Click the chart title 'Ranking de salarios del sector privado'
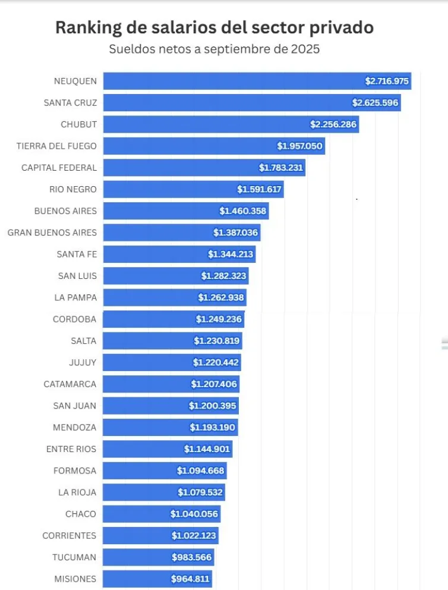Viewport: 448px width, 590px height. coord(214,28)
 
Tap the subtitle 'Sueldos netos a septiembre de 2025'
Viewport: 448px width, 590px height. coord(214,49)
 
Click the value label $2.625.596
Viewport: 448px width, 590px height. coord(375,103)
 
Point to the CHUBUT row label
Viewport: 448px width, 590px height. coord(78,124)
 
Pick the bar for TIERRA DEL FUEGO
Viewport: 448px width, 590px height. coord(190,146)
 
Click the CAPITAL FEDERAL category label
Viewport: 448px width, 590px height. coord(59,168)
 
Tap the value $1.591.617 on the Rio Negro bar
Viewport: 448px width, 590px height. coord(259,189)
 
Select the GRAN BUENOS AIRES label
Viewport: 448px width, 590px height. coord(52,233)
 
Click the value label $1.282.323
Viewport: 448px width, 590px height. coord(223,276)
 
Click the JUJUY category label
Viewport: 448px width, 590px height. coord(83,362)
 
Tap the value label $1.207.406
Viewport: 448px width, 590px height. coord(214,384)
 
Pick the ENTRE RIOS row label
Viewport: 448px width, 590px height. coord(71,449)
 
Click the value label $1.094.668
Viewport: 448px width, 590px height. coord(200,470)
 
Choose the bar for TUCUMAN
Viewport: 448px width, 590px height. coord(137,557)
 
